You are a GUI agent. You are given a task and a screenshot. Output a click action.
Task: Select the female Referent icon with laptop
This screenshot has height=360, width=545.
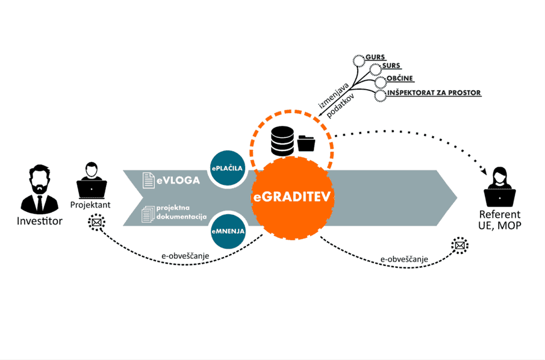pos(499,188)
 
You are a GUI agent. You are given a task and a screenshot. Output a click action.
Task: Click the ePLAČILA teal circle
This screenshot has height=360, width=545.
pos(228,169)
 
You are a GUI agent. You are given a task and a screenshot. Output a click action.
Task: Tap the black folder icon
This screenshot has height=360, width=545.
pos(307,143)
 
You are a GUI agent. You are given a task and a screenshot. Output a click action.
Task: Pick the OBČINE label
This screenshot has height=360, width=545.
pos(399,79)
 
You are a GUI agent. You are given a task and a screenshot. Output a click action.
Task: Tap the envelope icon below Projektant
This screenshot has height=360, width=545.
pos(96,223)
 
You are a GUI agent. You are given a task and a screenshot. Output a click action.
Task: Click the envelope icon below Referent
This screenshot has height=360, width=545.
pos(459,246)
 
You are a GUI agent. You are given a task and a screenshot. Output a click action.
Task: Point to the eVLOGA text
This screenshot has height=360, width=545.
pos(179,179)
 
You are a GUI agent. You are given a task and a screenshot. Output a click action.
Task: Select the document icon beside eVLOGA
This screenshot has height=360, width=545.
pos(148,179)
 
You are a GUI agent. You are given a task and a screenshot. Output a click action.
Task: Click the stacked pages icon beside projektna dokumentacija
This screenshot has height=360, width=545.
pos(148,213)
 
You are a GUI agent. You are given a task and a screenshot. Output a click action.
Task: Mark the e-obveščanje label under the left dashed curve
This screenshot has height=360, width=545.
pos(184,256)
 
